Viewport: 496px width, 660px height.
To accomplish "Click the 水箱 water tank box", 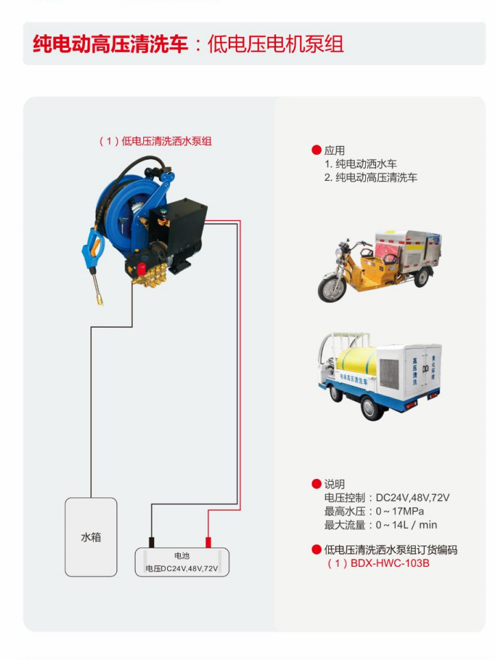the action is click(x=91, y=537).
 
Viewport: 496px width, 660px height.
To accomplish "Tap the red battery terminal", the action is click(x=208, y=542).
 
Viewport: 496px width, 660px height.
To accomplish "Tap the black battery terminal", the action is click(x=151, y=542).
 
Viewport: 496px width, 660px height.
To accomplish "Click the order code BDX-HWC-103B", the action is click(x=390, y=563).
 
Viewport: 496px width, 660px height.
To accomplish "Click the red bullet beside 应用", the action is click(x=317, y=150).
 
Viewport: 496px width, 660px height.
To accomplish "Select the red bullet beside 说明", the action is click(x=317, y=484).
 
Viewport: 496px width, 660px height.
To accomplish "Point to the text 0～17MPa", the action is click(x=399, y=511).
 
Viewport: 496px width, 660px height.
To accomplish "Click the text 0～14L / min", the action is click(x=406, y=525).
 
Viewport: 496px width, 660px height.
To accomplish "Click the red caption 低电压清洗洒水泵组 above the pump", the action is click(x=166, y=141).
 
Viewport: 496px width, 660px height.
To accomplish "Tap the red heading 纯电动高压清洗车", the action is click(x=110, y=44).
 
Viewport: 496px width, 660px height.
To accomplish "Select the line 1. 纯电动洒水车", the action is click(x=360, y=164).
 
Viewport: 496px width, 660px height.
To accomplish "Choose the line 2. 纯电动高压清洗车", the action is click(x=371, y=178).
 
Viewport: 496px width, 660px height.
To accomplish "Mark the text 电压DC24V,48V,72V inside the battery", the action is click(x=182, y=569).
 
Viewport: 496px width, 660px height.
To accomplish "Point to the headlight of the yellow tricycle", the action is click(x=338, y=252).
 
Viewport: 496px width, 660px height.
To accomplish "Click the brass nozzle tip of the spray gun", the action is click(x=101, y=300).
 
